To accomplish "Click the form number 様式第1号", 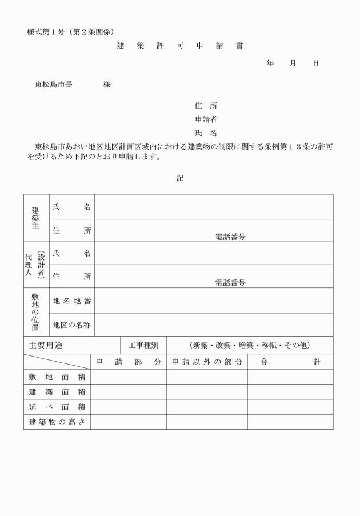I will click(46, 31).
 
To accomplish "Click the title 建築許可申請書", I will click(180, 46).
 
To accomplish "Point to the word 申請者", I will click(206, 119).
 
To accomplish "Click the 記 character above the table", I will click(180, 178).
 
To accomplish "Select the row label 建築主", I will click(36, 218).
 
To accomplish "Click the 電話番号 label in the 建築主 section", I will click(230, 236).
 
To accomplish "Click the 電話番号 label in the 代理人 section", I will click(230, 282).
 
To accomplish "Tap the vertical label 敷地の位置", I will click(36, 312).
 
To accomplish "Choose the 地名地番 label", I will click(71, 301).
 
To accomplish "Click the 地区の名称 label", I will click(71, 325).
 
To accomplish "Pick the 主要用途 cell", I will click(45, 346).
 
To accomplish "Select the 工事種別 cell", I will click(143, 346).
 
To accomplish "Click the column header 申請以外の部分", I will click(207, 362).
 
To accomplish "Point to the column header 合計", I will click(290, 362).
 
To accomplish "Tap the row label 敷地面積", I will click(57, 377).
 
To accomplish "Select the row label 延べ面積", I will click(57, 407).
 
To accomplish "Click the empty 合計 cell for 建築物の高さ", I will click(290, 422).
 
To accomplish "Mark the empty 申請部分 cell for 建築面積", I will click(128, 392).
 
